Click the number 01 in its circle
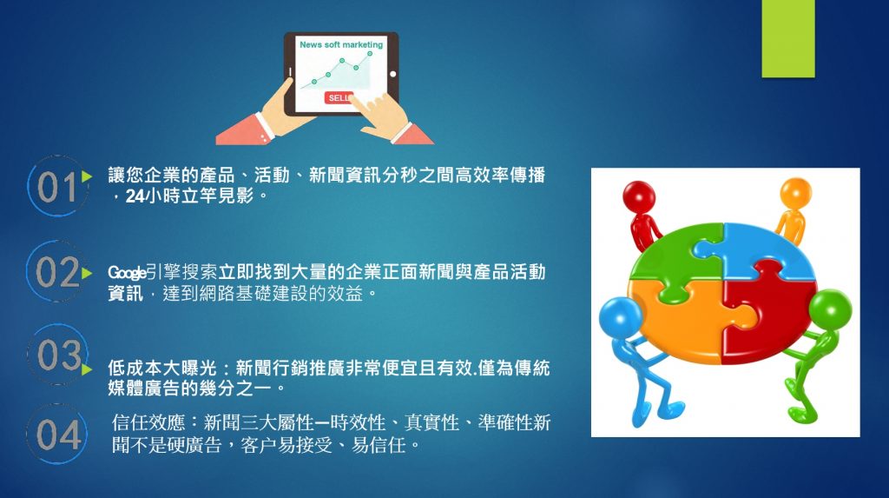pos(56,188)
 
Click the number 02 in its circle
pos(57,272)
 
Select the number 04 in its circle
pos(58,435)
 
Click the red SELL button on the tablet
pos(339,97)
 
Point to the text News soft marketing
pos(341,44)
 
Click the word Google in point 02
pos(127,273)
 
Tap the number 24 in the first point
pos(135,196)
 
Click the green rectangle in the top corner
pos(788,38)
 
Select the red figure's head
pos(639,196)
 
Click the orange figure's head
pos(795,193)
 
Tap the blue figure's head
pos(620,317)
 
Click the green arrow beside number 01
pos(86,176)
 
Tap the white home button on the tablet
pos(393,74)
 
